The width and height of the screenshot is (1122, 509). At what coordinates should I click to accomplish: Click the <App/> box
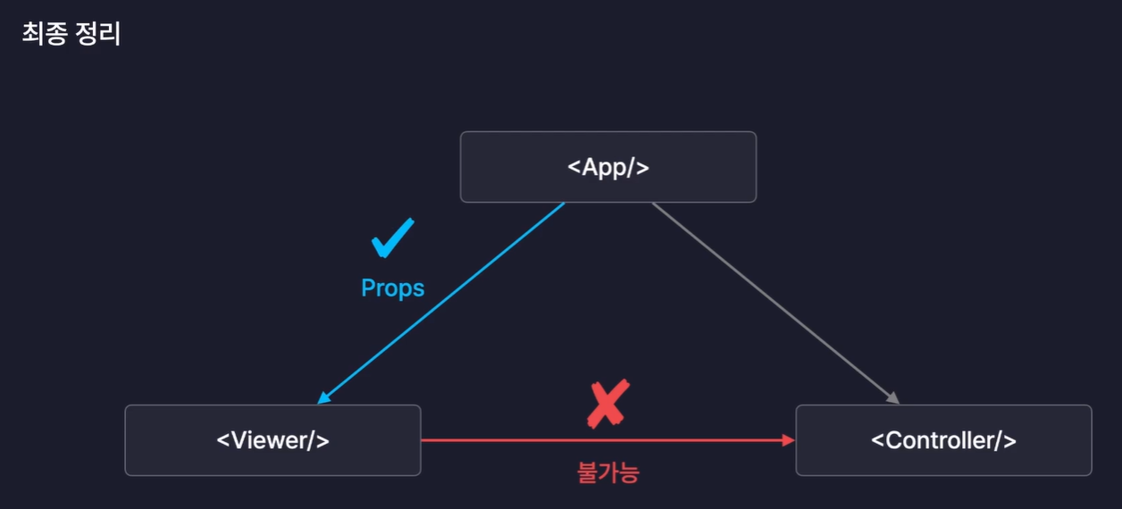(607, 167)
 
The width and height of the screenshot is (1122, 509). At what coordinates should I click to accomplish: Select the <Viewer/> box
(272, 440)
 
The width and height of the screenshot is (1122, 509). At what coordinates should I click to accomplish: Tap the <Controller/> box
(943, 440)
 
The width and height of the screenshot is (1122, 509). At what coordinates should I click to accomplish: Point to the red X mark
(608, 403)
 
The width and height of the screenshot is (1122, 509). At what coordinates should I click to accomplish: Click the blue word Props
(392, 288)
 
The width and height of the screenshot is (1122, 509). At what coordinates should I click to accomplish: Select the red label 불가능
(608, 471)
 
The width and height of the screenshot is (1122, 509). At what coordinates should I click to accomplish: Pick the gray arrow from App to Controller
(773, 302)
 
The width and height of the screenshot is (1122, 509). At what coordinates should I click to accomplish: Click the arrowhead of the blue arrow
(322, 400)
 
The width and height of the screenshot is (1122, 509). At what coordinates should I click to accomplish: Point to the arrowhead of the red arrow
(789, 440)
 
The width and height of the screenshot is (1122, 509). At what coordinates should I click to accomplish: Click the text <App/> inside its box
(607, 167)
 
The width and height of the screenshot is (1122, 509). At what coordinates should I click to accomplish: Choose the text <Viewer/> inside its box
(272, 440)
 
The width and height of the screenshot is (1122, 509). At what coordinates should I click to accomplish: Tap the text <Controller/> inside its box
(943, 440)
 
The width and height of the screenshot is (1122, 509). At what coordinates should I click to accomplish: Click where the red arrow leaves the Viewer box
(423, 440)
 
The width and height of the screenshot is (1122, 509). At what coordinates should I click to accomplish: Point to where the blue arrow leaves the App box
(564, 204)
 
